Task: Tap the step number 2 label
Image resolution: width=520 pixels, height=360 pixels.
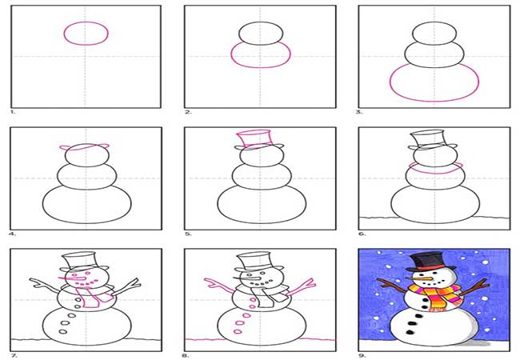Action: pyautogui.click(x=188, y=112)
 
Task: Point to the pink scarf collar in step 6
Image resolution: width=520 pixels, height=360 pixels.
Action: pyautogui.click(x=435, y=172)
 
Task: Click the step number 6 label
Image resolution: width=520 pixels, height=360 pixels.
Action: pyautogui.click(x=362, y=234)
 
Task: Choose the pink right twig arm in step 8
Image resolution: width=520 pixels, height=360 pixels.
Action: pyautogui.click(x=301, y=287)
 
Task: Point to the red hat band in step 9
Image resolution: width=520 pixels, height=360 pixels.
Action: pyautogui.click(x=430, y=267)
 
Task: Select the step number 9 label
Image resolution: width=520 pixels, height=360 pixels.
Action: pyautogui.click(x=362, y=355)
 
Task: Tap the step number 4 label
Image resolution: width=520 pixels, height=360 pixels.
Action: pyautogui.click(x=13, y=234)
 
